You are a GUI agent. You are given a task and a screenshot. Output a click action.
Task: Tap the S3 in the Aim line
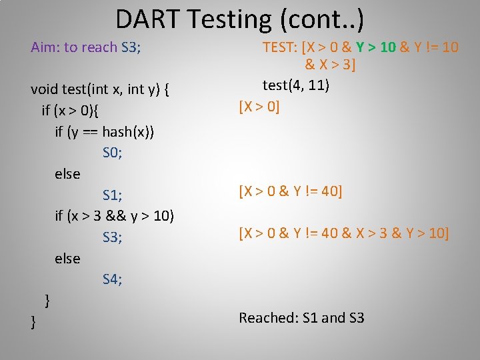(x=130, y=47)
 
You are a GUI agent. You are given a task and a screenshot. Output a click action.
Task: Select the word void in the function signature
(x=45, y=89)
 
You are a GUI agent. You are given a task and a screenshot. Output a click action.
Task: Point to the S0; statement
(x=112, y=153)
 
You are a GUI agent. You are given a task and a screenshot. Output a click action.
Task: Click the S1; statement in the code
(x=112, y=195)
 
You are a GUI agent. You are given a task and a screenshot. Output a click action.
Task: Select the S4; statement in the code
(x=112, y=279)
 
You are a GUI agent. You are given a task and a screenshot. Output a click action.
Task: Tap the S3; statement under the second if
(x=112, y=237)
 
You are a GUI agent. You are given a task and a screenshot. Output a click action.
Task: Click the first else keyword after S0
(x=67, y=174)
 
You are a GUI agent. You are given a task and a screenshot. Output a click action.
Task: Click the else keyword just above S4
(x=67, y=259)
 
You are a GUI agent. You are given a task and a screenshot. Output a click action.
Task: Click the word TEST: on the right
(x=280, y=47)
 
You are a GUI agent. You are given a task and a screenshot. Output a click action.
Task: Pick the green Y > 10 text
(x=375, y=47)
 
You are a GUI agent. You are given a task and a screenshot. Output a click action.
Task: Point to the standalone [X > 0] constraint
(x=259, y=107)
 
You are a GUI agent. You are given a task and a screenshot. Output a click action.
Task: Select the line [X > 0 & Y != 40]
(x=290, y=192)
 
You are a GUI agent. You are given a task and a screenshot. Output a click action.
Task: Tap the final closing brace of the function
(x=33, y=322)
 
